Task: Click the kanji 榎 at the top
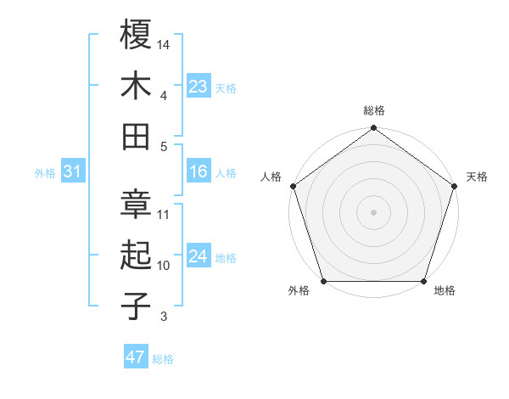[136, 35]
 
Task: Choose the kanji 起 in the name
[136, 255]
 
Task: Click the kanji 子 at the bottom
[136, 306]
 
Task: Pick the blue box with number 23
[199, 87]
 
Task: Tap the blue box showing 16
[199, 172]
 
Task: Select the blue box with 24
[199, 257]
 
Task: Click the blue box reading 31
[73, 172]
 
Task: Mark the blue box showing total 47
[136, 357]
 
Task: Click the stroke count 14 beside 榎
[165, 43]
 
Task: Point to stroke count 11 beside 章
[164, 214]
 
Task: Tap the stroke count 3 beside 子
[164, 318]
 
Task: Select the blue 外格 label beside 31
[45, 173]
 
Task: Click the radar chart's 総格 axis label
[373, 110]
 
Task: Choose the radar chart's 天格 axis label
[477, 177]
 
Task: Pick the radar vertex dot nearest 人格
[293, 186]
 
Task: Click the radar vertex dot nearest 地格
[423, 281]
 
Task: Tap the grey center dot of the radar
[373, 212]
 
